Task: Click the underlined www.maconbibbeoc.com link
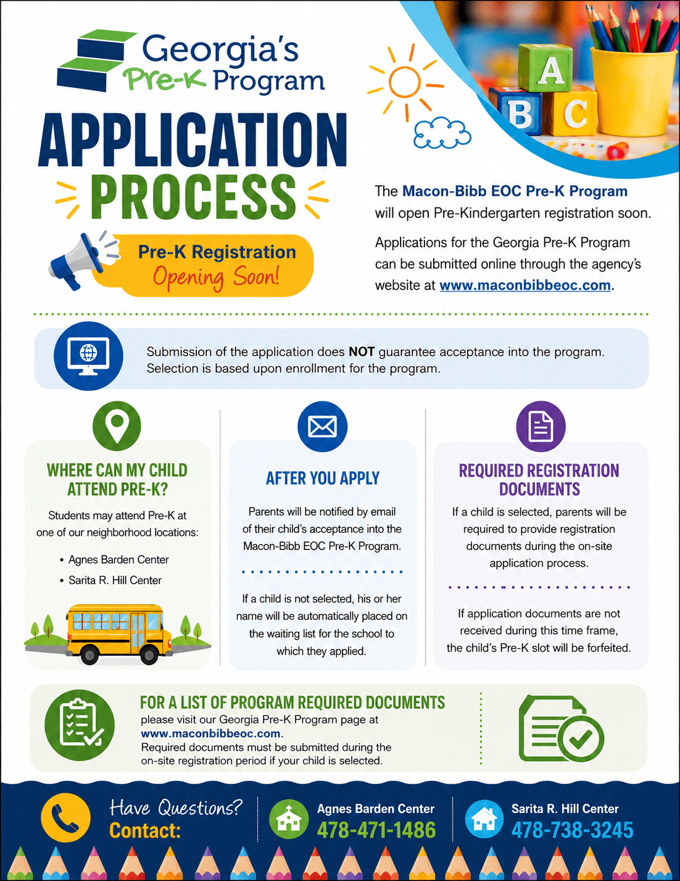point(525,285)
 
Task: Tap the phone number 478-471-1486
point(376,830)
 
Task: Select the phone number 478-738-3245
point(572,830)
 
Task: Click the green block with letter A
point(545,68)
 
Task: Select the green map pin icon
point(117,426)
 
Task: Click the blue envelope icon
point(322,427)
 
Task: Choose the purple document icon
point(541,427)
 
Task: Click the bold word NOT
point(362,351)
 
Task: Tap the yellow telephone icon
point(65,817)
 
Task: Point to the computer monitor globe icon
point(88,356)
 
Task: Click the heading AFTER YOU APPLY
point(323,478)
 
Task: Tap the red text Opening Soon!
point(216,277)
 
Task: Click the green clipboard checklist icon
point(80,725)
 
